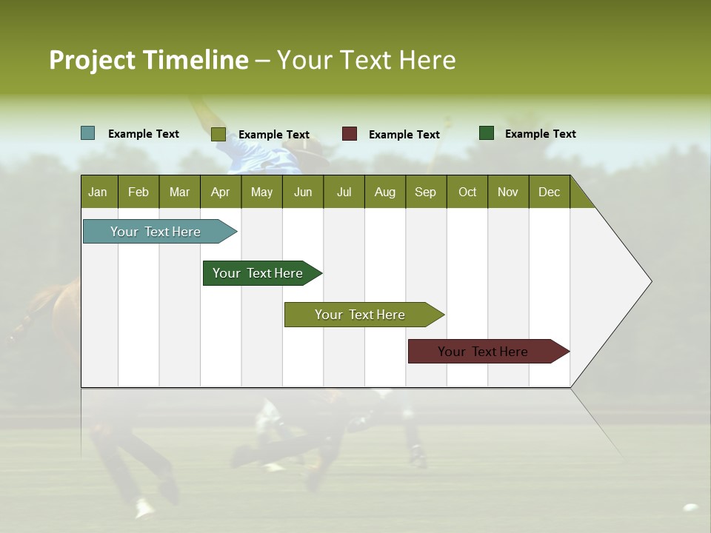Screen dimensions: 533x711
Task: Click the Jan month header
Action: click(x=99, y=192)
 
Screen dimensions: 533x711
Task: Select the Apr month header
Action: click(x=221, y=192)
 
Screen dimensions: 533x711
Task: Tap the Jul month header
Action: click(x=344, y=192)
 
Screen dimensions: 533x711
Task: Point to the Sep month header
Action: click(x=425, y=192)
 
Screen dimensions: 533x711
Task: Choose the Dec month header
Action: click(x=549, y=192)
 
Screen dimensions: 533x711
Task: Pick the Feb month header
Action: click(x=138, y=192)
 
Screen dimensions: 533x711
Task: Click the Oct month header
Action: click(x=467, y=192)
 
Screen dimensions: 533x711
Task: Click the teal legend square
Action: click(x=88, y=133)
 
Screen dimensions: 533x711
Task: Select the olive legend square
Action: click(x=218, y=134)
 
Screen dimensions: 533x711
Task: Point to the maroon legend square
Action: click(x=350, y=134)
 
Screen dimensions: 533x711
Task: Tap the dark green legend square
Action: click(x=487, y=133)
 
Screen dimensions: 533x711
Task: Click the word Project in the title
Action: click(x=92, y=60)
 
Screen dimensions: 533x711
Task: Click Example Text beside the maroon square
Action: click(x=404, y=135)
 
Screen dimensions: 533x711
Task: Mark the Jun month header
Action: click(x=303, y=192)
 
